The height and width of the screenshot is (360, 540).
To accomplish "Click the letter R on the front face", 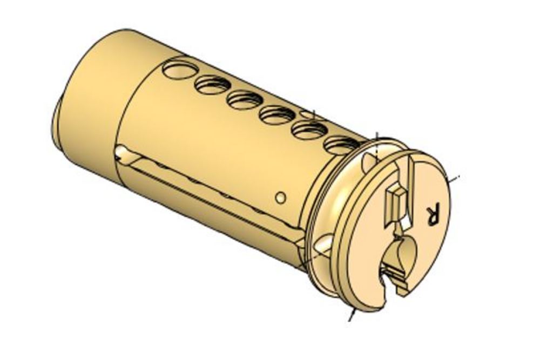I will coord(433,214).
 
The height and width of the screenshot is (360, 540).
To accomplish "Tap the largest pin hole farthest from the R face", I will coord(180,69).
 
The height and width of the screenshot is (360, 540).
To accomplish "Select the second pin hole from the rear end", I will coord(212,84).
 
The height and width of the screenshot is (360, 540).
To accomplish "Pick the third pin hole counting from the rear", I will coord(245,99).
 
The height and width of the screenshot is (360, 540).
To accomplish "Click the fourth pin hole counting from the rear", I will coord(277,114).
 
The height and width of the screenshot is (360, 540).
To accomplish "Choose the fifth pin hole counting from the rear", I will coord(309,130).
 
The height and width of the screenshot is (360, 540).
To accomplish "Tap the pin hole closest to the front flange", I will coord(342,145).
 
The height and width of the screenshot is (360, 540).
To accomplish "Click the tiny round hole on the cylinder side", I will coord(280,198).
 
